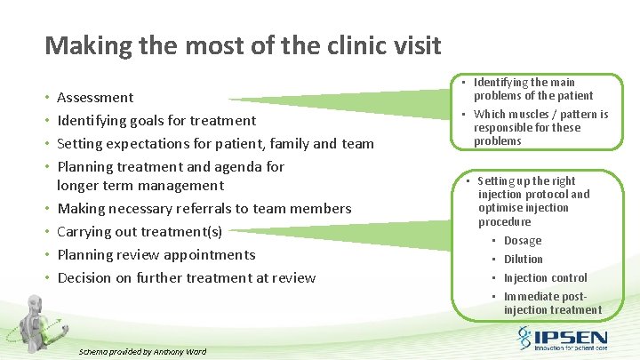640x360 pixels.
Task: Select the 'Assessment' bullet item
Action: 95,98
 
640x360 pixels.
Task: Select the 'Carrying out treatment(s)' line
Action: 140,232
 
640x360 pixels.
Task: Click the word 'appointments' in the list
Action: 212,255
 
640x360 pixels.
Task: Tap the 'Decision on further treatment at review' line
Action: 186,278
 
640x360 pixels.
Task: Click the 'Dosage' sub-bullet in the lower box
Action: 522,241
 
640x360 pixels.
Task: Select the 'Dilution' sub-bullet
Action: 523,260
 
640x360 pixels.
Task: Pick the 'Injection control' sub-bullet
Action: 545,278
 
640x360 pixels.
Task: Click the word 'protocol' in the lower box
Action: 543,195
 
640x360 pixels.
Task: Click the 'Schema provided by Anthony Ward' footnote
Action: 142,352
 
